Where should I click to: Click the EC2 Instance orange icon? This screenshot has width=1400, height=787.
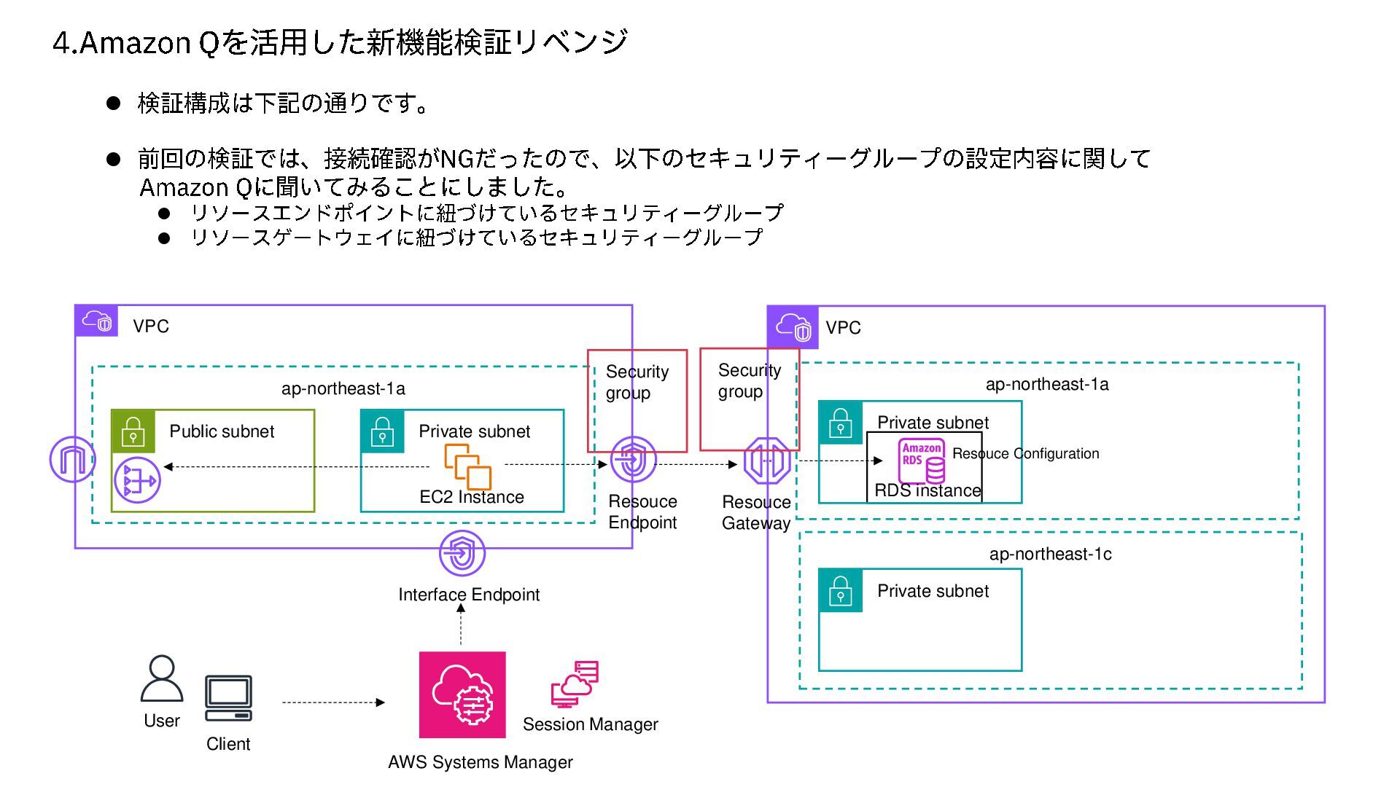click(x=468, y=466)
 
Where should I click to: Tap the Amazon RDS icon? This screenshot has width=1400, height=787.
click(x=922, y=461)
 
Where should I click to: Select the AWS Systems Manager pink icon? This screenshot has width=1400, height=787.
click(x=462, y=694)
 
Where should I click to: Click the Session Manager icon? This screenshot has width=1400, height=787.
click(x=575, y=684)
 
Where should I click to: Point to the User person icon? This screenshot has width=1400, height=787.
click(x=162, y=678)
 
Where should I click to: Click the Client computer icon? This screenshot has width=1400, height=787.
click(x=228, y=698)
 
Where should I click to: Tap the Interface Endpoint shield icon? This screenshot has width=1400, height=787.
click(x=462, y=554)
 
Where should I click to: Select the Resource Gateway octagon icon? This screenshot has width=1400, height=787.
click(x=767, y=461)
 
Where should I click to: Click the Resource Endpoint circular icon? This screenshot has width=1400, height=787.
click(x=633, y=459)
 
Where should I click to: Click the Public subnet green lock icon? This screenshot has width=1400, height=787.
click(x=133, y=431)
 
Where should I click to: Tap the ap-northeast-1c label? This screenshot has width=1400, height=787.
click(x=1050, y=554)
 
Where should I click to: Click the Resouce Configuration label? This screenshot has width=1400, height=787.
click(x=1025, y=453)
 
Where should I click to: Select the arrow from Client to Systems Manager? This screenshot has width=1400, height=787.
click(x=332, y=702)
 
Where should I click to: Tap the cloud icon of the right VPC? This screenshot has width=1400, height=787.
click(x=793, y=327)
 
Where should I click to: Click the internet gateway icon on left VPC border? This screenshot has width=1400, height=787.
click(x=71, y=459)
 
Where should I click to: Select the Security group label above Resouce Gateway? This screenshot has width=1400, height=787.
click(x=749, y=380)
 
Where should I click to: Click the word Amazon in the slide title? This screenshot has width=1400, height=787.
click(x=135, y=43)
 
